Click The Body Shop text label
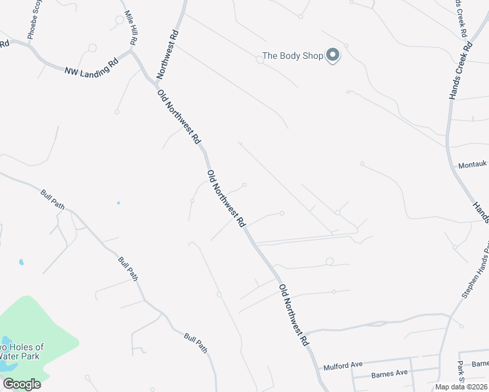click(x=293, y=56)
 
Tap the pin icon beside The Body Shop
click(x=333, y=56)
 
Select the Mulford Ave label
click(x=343, y=367)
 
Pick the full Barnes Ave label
click(x=389, y=374)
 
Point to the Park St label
click(x=461, y=372)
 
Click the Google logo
click(x=22, y=384)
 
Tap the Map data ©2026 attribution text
click(x=461, y=387)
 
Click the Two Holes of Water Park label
click(x=20, y=351)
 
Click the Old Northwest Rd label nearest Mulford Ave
click(x=294, y=315)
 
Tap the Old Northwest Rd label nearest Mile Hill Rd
click(x=178, y=118)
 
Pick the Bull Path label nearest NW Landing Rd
click(x=52, y=201)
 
